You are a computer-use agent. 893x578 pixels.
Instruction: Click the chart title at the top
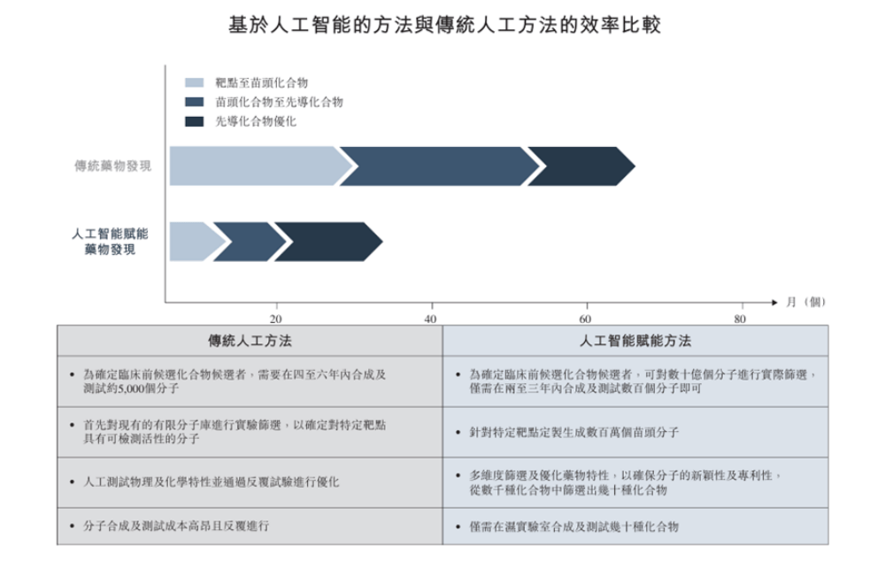point(445,25)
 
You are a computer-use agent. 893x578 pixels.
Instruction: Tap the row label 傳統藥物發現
point(112,166)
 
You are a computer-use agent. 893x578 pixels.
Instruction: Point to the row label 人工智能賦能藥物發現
point(110,242)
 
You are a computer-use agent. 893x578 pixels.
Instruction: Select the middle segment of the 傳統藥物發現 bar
point(439,166)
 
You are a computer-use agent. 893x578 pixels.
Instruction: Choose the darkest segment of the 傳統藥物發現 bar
point(580,166)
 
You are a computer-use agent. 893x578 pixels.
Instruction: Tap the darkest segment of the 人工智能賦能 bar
point(327,242)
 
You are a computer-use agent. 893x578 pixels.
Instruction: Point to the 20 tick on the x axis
point(275,319)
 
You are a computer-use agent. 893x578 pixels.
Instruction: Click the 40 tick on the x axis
point(431,319)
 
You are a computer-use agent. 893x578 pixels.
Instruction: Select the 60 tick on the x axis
point(585,319)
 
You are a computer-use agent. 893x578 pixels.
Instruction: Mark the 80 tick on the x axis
point(740,319)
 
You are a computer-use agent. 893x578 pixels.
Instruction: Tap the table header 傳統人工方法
point(250,341)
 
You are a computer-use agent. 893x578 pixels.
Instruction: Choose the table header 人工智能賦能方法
point(635,341)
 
